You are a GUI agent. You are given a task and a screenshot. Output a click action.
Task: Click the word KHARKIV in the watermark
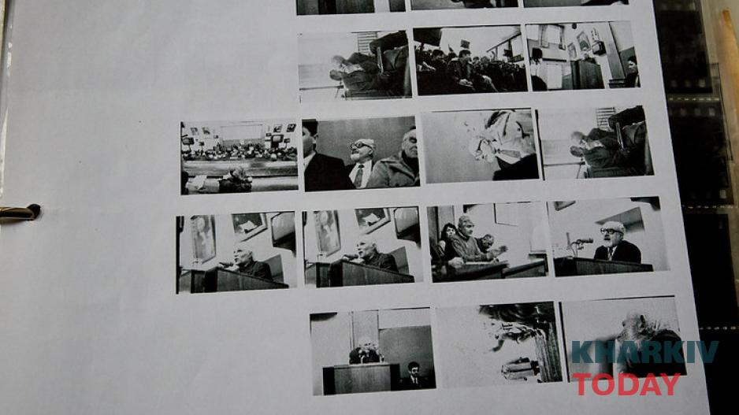point(644,352)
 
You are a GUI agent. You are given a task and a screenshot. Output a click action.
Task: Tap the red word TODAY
point(626,384)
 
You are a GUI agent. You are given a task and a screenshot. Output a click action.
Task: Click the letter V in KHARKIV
point(707,352)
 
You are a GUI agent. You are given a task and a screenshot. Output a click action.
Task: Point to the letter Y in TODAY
point(670,384)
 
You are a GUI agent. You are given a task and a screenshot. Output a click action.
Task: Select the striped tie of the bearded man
point(358,176)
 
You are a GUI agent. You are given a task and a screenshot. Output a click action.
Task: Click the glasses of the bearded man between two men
point(359,146)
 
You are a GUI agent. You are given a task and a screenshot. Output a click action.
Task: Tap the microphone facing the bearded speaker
point(583,241)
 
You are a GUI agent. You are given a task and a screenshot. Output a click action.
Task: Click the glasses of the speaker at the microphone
point(611,232)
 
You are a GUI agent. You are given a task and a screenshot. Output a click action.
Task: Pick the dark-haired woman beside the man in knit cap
point(447,240)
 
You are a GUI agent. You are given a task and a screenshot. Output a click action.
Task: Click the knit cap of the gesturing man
point(466,220)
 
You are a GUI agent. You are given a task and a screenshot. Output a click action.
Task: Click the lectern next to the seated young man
point(361,378)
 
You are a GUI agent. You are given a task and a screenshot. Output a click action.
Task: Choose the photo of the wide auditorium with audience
point(239,157)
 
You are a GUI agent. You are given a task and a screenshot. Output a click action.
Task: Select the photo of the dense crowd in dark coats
point(470,60)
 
